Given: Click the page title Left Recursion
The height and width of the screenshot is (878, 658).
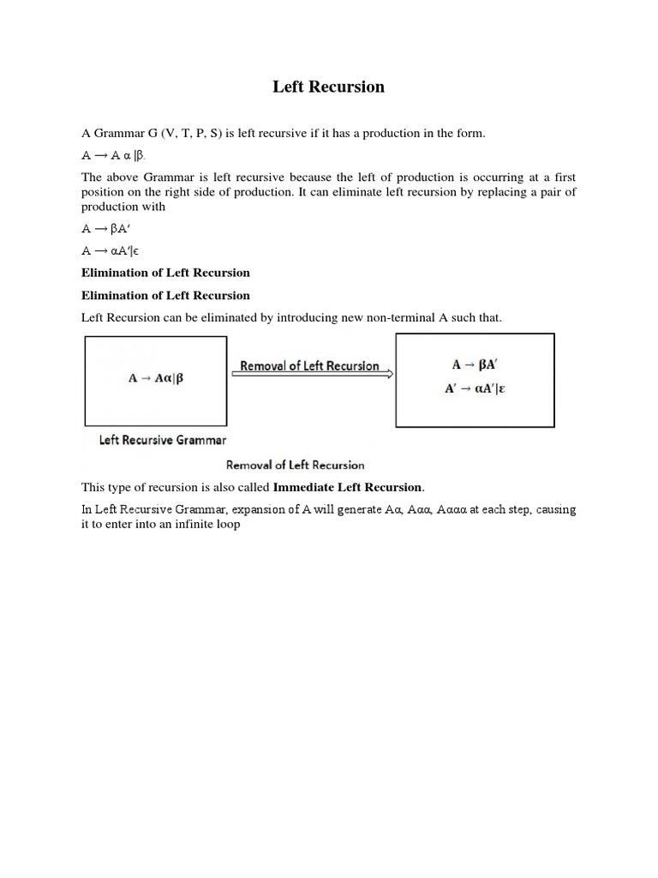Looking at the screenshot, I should (328, 87).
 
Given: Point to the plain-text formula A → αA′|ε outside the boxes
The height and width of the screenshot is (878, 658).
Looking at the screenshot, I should (110, 250).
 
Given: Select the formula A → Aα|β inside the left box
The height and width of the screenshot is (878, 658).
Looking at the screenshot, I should (155, 378).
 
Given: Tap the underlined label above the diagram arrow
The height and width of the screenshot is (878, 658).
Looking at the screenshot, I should (309, 365).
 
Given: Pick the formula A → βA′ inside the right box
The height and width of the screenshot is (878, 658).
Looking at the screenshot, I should (485, 364).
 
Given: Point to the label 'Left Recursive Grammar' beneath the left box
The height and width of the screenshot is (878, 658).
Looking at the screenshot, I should (163, 441).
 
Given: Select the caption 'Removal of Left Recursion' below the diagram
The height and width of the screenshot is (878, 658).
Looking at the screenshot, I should (295, 465).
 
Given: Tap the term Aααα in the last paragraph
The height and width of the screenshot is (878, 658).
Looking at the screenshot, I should (453, 509).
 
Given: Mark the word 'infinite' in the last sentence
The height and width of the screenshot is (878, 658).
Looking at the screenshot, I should (192, 524).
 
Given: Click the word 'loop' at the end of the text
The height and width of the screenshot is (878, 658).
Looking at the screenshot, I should (228, 524).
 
